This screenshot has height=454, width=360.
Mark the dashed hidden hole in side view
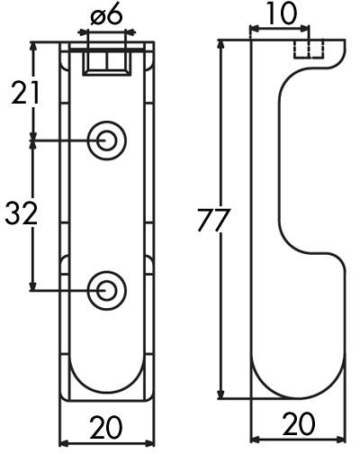click(310, 49)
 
